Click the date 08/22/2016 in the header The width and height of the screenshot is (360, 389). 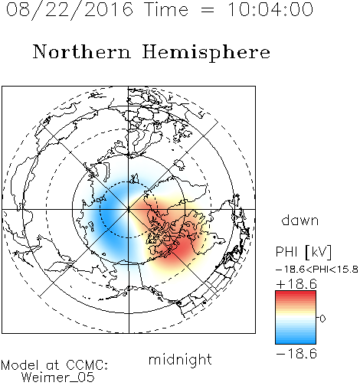click(x=70, y=10)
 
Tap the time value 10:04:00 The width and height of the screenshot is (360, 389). click(x=270, y=9)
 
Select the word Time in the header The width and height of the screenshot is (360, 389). click(x=166, y=9)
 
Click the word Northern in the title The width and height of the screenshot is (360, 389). click(x=81, y=51)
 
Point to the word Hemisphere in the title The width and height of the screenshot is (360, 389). click(x=206, y=53)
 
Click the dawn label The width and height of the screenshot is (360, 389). click(x=300, y=220)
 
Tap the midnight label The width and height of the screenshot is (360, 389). click(x=180, y=359)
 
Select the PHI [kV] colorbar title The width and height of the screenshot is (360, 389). click(x=303, y=252)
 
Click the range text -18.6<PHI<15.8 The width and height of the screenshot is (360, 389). click(x=317, y=270)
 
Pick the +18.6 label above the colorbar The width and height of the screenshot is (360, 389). click(x=296, y=284)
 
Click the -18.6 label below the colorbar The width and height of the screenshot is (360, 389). click(x=296, y=354)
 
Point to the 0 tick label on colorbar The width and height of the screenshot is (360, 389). click(x=322, y=319)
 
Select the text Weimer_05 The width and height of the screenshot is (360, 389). click(x=57, y=377)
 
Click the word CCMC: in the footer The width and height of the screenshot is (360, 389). click(x=87, y=365)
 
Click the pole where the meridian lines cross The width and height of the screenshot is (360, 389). click(x=128, y=209)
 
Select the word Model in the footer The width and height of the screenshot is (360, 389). click(x=20, y=365)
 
